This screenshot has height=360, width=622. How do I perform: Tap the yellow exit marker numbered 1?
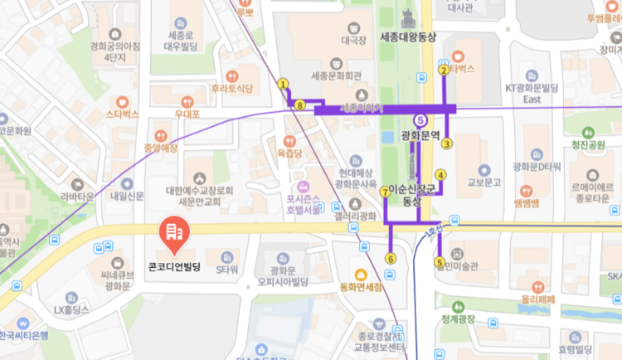pos(284,84)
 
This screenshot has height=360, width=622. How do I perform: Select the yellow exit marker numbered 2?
pos(444,71)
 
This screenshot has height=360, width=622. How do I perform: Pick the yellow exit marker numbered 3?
pos(446,144)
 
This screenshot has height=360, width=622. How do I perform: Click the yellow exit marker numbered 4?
pos(440,175)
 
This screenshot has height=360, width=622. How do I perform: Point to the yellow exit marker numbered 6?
pos(391,259)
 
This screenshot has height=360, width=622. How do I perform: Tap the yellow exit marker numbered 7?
pos(384,192)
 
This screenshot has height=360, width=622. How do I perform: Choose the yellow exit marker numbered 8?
pos(299,105)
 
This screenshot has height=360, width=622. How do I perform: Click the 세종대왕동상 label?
pos(406,36)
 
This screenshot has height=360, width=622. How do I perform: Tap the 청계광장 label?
pos(458,319)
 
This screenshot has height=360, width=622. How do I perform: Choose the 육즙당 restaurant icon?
pos(289,142)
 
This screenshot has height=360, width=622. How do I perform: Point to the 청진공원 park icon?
pos(588,132)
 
